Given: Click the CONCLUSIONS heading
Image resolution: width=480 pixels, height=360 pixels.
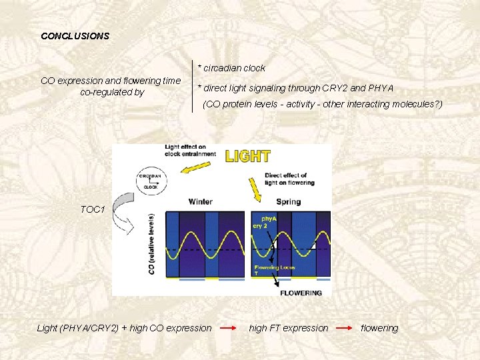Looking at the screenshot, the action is coord(75,36).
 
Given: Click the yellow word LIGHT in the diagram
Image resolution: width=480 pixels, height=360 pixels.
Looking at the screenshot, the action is coord(247,157).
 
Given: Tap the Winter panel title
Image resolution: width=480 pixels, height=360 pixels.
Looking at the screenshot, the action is coord(201,201).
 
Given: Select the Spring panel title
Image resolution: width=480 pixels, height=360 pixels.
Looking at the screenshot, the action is coord(288,201).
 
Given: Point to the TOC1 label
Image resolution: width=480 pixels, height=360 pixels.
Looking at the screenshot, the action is coord(93,209).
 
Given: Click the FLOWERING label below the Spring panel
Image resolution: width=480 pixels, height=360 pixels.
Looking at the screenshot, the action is coord(301,293).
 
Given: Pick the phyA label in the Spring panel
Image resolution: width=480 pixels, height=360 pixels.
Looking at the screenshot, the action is coord(268,218).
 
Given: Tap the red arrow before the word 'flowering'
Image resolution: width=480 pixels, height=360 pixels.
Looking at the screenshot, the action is coord(345,328).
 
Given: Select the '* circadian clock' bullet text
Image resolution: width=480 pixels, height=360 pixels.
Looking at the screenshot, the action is coord(231,68).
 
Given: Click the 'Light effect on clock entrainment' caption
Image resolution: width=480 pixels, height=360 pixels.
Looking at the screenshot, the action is coord(190,150).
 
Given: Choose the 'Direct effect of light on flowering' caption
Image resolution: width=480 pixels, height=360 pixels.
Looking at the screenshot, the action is coord(289,179).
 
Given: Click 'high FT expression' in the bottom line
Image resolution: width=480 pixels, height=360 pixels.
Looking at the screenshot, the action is coord(289,328).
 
